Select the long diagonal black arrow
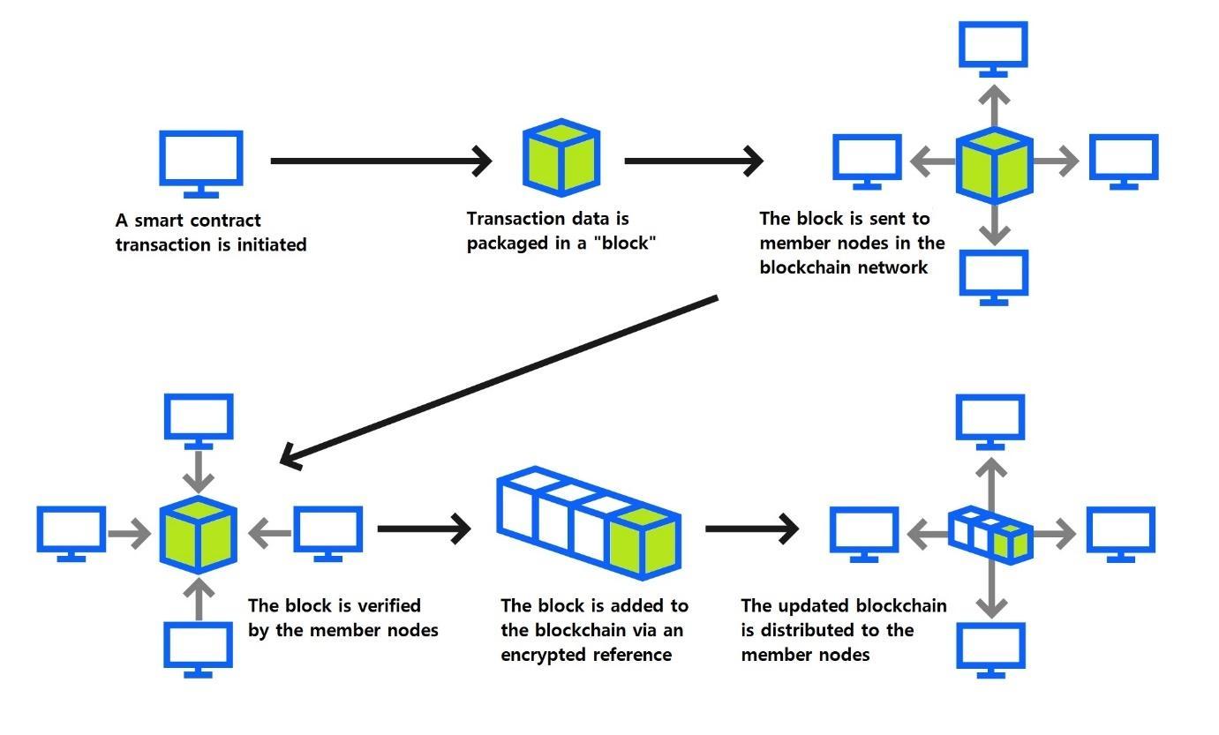point(499,380)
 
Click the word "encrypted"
point(542,655)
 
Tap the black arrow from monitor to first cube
point(380,161)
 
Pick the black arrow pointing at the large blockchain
point(423,529)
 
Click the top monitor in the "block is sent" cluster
point(994,49)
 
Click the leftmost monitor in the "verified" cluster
point(71,532)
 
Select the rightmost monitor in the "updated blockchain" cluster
point(1120,532)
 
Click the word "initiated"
point(273,244)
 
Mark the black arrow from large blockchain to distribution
point(751,529)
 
